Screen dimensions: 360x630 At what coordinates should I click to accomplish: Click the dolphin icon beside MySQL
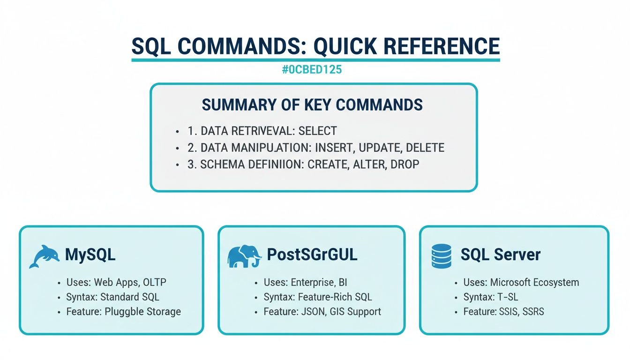(x=45, y=256)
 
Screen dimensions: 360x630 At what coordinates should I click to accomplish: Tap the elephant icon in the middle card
(x=244, y=256)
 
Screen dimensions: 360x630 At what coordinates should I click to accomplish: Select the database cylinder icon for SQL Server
(x=441, y=256)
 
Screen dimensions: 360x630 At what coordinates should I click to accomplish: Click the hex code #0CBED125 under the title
(x=312, y=70)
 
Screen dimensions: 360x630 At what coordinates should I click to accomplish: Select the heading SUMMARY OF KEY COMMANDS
(x=312, y=105)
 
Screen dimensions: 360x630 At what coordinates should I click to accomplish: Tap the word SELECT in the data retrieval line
(x=318, y=131)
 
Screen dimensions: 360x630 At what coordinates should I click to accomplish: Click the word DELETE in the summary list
(x=425, y=148)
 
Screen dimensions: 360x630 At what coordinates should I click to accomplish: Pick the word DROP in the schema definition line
(x=405, y=165)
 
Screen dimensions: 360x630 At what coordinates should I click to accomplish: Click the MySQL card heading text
(x=90, y=255)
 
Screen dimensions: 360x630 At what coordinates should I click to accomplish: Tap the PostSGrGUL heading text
(x=312, y=255)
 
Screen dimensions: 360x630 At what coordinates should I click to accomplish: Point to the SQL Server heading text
(x=500, y=255)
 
